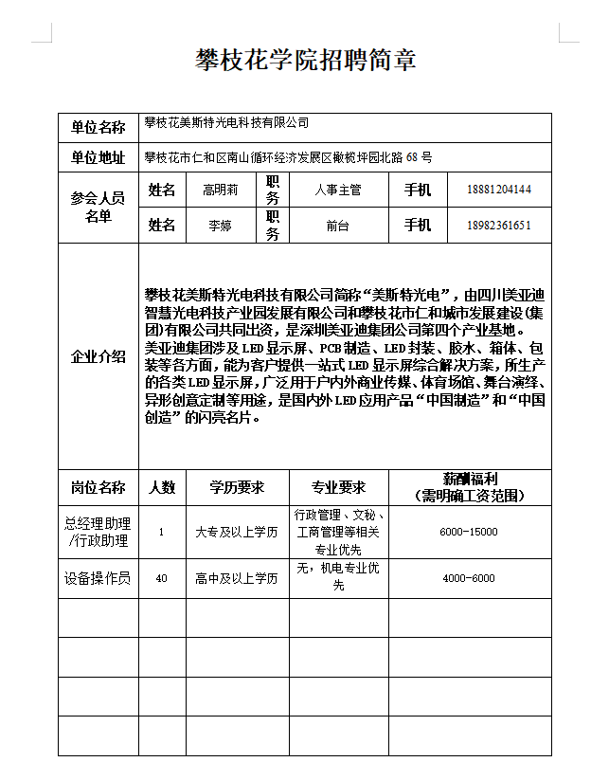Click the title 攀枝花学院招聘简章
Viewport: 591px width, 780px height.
pos(305,61)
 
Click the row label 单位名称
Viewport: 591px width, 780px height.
pos(98,127)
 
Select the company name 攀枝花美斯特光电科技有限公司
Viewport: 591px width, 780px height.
pos(226,123)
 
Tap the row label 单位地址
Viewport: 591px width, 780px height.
pos(98,157)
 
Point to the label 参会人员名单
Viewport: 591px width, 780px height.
pos(98,208)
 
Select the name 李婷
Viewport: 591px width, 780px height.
pos(220,226)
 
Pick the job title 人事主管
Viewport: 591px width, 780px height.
pos(337,190)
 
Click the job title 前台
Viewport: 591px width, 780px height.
pos(337,226)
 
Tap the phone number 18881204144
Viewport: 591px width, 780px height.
pos(498,190)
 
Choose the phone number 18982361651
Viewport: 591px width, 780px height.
pos(498,226)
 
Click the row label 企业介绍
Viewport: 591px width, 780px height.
pos(98,356)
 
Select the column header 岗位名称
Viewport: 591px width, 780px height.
pos(98,487)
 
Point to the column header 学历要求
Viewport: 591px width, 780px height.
pos(236,487)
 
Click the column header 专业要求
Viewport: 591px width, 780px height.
pos(338,487)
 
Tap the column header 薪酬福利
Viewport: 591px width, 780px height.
pos(470,480)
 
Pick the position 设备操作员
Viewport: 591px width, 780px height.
pos(98,578)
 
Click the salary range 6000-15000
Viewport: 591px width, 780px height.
pos(469,532)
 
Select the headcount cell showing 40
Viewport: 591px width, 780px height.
pos(161,578)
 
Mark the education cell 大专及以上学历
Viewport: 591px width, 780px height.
pos(236,532)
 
